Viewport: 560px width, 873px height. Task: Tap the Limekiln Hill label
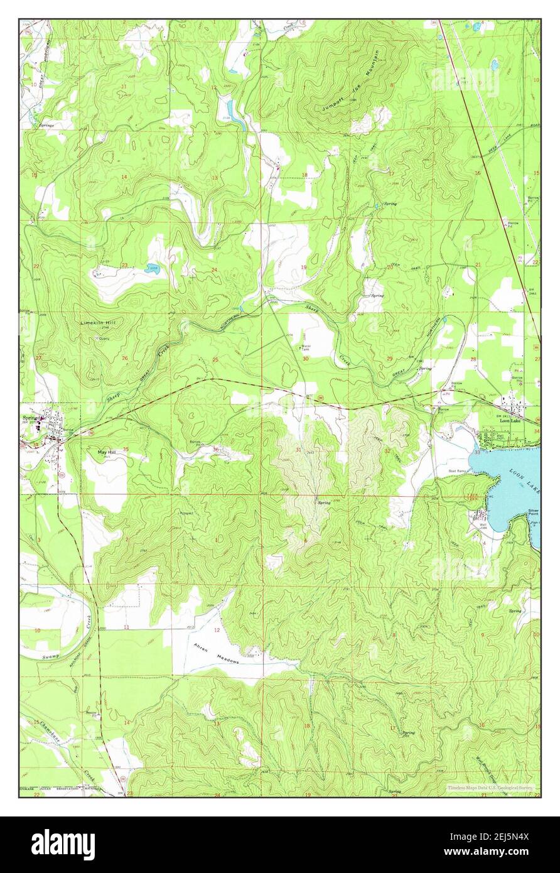pyautogui.click(x=102, y=322)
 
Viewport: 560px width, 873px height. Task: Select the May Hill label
pyautogui.click(x=107, y=452)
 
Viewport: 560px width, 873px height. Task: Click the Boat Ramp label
pyautogui.click(x=456, y=471)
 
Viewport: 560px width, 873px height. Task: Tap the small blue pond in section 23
pyautogui.click(x=152, y=268)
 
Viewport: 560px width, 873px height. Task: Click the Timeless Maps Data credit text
pyautogui.click(x=489, y=787)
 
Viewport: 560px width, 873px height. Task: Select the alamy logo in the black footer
pyautogui.click(x=63, y=844)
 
